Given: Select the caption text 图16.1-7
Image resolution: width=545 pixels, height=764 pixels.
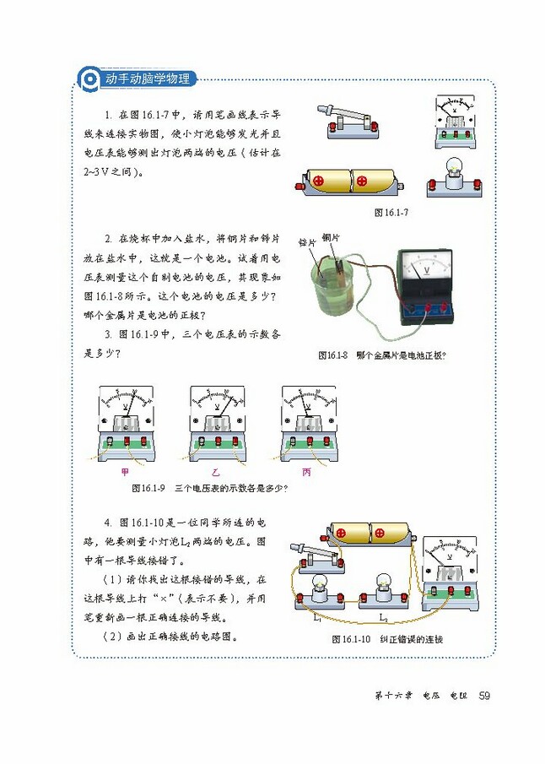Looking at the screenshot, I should tap(391, 213).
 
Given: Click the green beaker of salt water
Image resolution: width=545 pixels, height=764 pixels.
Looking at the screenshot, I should tap(329, 291).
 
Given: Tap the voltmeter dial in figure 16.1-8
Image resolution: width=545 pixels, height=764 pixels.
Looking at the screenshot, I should tap(426, 268).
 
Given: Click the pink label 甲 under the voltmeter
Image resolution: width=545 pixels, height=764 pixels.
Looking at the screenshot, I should tap(127, 473).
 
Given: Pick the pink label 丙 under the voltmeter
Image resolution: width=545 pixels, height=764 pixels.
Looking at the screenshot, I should tap(306, 473).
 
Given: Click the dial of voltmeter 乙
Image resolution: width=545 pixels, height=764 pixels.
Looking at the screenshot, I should tap(217, 405).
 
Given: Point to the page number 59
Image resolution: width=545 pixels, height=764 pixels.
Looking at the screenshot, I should tap(484, 696).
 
